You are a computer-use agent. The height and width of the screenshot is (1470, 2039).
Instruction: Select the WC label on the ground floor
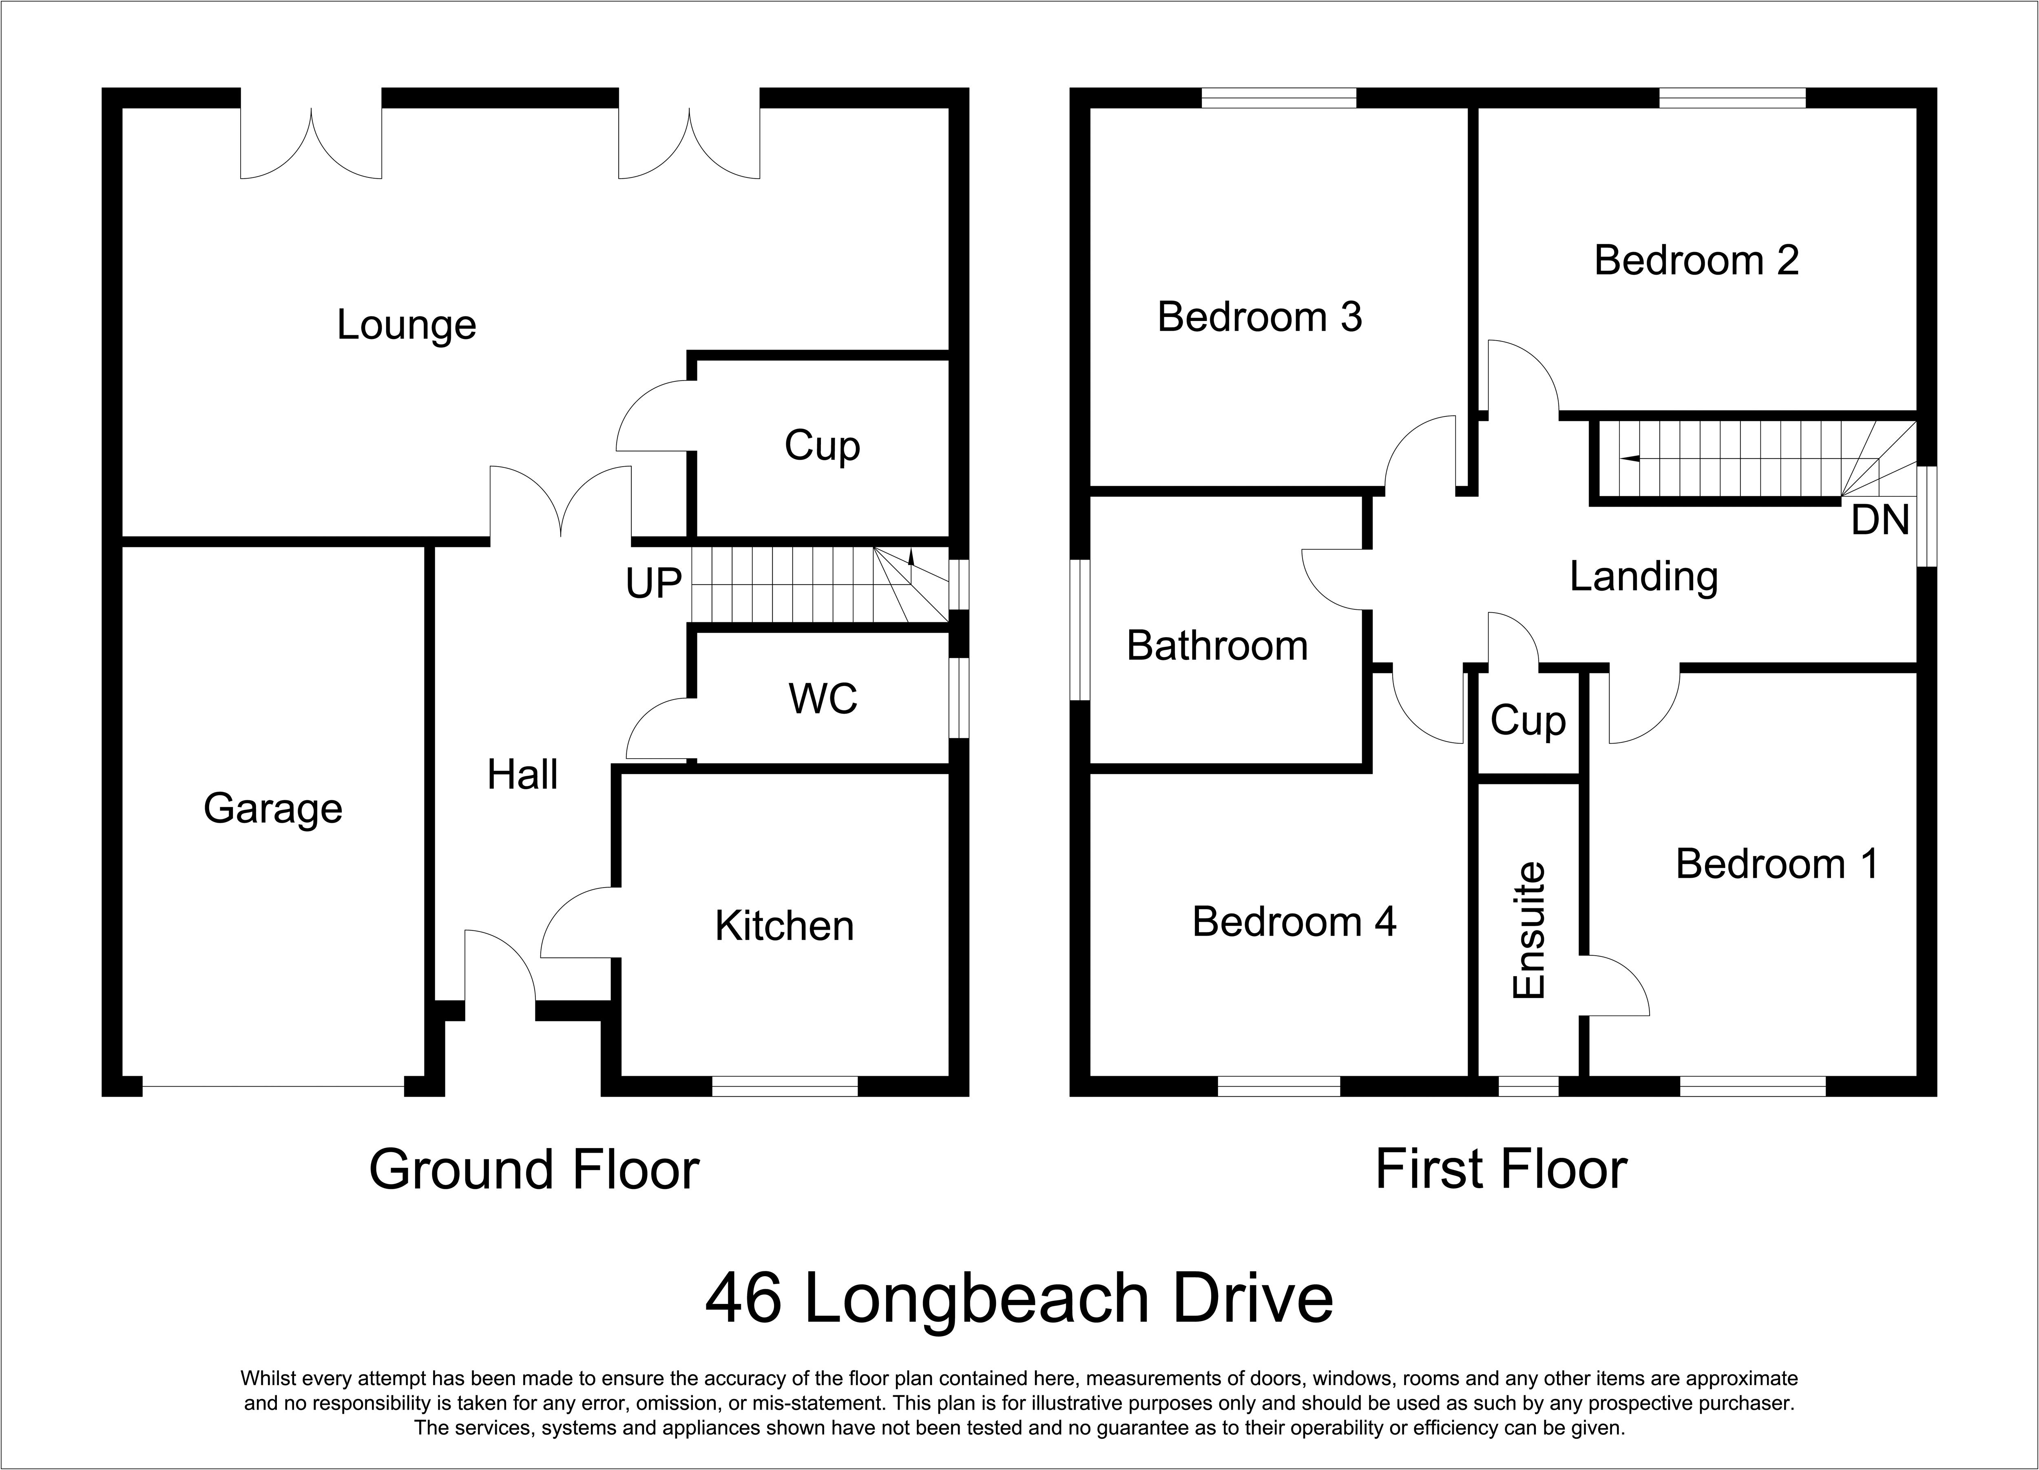[x=823, y=699]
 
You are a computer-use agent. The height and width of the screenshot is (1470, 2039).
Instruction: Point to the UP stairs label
[x=654, y=584]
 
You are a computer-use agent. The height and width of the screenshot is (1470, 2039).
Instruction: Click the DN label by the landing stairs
[x=1880, y=520]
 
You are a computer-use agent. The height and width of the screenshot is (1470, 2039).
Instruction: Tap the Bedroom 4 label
[x=1295, y=921]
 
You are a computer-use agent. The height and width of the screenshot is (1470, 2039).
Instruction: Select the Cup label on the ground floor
[x=823, y=446]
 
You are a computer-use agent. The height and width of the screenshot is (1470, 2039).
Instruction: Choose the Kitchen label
[x=784, y=926]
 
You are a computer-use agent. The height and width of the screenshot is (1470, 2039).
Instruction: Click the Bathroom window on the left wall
[x=1080, y=629]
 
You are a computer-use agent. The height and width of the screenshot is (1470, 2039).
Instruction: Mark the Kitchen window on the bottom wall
[x=785, y=1086]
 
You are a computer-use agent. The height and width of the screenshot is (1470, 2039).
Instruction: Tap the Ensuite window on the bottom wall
[x=1528, y=1086]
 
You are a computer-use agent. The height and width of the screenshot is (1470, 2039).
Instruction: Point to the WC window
[x=959, y=699]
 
